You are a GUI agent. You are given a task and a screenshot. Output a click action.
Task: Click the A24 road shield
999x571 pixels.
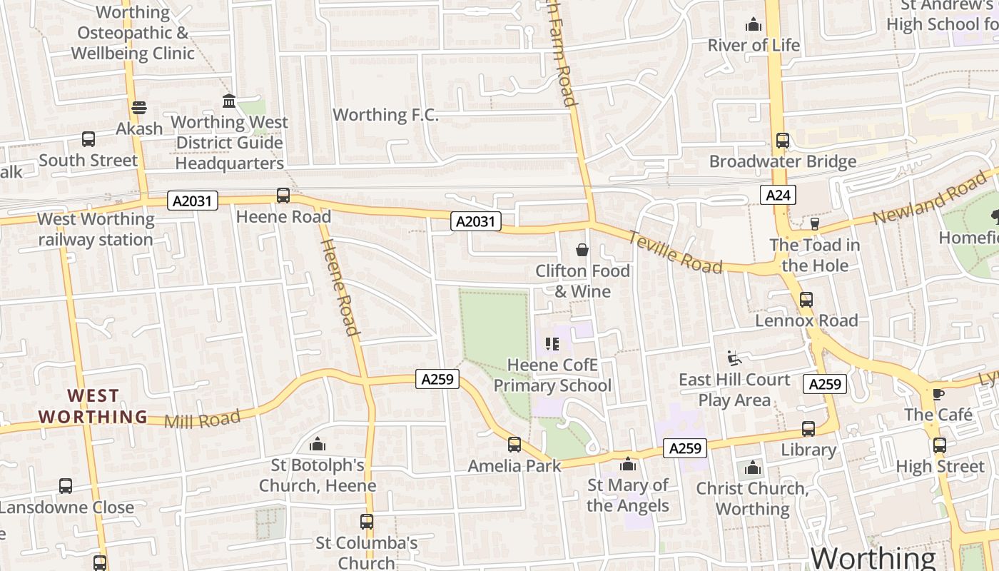pos(777,195)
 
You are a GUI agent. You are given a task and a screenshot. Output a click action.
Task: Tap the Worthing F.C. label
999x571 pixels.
pos(385,115)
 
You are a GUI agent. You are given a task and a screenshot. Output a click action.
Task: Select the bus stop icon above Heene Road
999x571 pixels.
pos(283,196)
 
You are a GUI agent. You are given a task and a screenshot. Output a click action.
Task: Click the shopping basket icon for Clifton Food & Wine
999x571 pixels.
pos(582,250)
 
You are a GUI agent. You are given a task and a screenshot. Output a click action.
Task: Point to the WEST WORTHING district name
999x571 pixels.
pos(93,406)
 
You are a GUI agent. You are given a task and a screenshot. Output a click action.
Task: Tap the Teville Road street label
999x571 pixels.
pos(675,253)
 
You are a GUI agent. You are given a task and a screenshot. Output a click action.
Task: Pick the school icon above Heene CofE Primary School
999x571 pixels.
pos(552,345)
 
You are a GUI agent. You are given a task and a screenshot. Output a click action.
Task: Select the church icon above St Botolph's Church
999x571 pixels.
pos(318,445)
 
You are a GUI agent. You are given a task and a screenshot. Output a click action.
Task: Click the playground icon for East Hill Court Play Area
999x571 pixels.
pos(734,358)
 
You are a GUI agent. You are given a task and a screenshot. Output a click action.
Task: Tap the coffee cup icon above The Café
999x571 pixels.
pos(938,394)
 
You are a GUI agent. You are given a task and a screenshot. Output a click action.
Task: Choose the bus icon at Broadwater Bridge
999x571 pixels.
pos(783,141)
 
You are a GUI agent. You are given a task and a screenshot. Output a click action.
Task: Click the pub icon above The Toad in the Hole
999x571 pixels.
pos(814,224)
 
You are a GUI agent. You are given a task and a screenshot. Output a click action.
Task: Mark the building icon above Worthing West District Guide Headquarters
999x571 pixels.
pos(229,101)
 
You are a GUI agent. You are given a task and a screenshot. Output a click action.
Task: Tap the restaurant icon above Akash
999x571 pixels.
pos(139,108)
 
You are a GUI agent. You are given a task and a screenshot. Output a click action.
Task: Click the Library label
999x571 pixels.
pos(808,450)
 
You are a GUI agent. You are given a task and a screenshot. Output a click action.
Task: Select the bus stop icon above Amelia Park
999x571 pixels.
pos(514,445)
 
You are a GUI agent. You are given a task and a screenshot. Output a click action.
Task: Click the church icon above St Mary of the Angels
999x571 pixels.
pos(628,465)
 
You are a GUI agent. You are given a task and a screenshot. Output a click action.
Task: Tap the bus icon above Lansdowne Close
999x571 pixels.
pos(66,486)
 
